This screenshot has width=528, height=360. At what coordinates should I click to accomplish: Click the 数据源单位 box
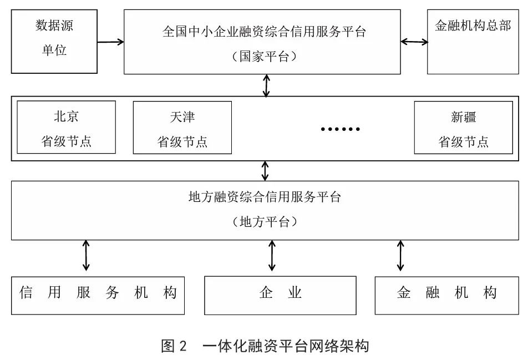pos(54,42)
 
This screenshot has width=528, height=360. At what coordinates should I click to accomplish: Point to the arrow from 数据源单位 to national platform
pos(110,42)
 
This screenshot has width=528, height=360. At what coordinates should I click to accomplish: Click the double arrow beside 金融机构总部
pos(414,42)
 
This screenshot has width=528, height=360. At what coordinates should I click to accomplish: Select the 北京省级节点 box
pos(66,127)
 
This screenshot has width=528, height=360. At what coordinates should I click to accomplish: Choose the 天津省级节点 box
pos(182,127)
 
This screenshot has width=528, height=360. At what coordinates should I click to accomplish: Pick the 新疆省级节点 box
pos(463,127)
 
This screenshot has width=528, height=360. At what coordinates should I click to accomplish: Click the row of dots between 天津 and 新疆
pos(341,129)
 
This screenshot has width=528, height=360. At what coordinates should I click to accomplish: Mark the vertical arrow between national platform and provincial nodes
pos(266,85)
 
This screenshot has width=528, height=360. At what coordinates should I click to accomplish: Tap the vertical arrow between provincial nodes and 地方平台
pos(265,170)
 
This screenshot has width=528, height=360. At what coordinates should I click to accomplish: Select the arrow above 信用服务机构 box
pos(86,255)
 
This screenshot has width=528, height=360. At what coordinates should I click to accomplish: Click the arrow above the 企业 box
pos(272,255)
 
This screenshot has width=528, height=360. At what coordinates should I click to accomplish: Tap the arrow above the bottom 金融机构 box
pos(400,255)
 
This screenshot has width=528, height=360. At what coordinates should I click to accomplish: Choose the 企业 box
pos(280,295)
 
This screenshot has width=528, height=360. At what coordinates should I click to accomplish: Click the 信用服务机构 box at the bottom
pos(98,295)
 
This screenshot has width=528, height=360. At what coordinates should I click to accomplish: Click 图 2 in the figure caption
pos(175,346)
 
